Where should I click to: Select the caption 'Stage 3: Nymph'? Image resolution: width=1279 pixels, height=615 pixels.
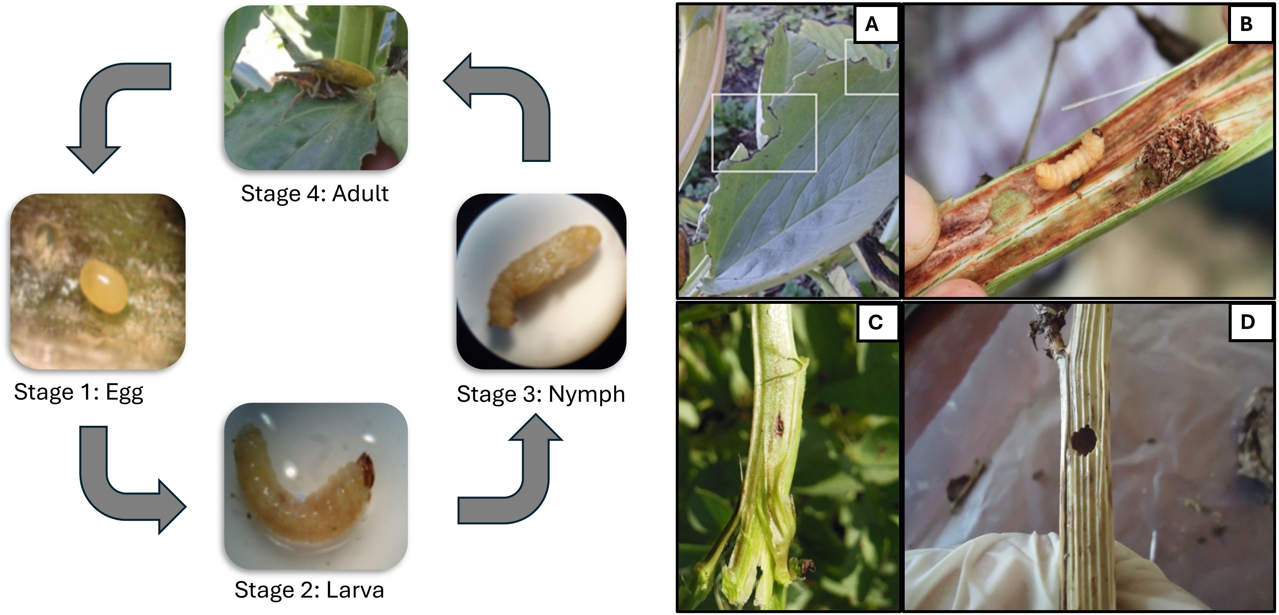[x=541, y=394]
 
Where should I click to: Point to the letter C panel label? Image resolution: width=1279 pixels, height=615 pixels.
[x=875, y=322]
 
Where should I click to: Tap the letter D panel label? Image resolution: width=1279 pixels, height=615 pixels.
[x=1248, y=322]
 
